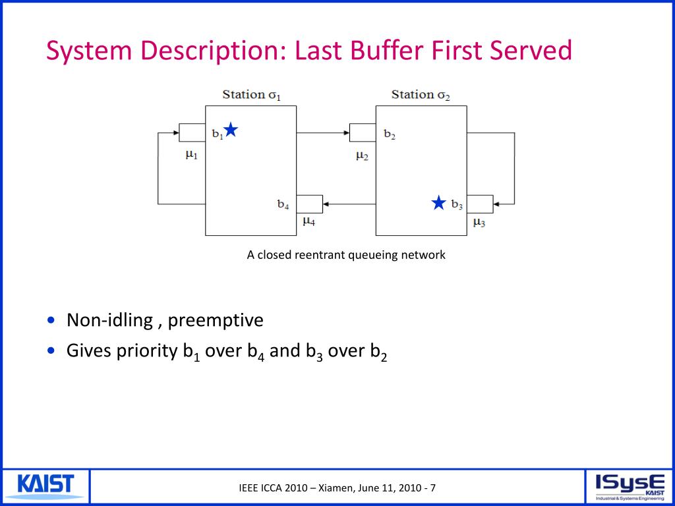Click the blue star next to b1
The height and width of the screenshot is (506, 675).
pyautogui.click(x=230, y=129)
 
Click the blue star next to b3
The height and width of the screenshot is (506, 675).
pyautogui.click(x=439, y=202)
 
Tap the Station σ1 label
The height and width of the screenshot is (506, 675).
pyautogui.click(x=251, y=94)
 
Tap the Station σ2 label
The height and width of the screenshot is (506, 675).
pyautogui.click(x=421, y=94)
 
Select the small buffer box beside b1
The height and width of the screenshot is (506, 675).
pyautogui.click(x=192, y=132)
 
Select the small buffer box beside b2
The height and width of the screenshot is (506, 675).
pyautogui.click(x=363, y=132)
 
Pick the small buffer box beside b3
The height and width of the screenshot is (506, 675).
pyautogui.click(x=480, y=204)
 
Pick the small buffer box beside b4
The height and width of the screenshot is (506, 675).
pyautogui.click(x=309, y=204)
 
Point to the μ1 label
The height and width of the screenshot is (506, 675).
pyautogui.click(x=191, y=155)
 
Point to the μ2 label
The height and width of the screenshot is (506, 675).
pyautogui.click(x=362, y=155)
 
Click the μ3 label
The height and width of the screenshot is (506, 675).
pyautogui.click(x=479, y=223)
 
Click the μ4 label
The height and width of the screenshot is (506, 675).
pyautogui.click(x=308, y=221)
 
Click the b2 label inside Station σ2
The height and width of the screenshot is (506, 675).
pyautogui.click(x=390, y=135)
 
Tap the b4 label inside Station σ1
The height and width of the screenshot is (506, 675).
pyautogui.click(x=283, y=204)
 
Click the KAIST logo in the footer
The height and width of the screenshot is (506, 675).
pyautogui.click(x=45, y=486)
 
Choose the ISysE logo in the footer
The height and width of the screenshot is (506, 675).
pyautogui.click(x=629, y=487)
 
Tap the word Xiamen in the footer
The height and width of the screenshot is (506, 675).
pyautogui.click(x=337, y=488)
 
